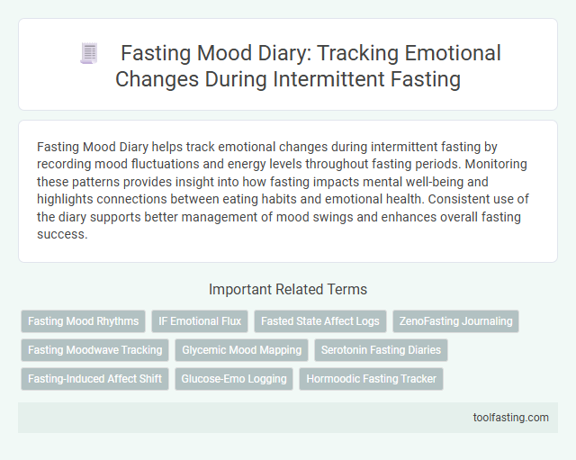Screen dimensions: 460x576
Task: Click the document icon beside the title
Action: coord(88,54)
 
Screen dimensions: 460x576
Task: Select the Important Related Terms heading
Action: coord(287,290)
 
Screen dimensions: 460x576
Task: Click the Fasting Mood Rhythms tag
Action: coord(84,320)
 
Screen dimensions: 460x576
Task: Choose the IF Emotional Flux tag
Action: coord(200,320)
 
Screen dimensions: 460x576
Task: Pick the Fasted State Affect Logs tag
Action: coord(320,320)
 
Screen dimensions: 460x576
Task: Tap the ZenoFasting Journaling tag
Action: coord(455,320)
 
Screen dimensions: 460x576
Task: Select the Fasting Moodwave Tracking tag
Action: coord(95,349)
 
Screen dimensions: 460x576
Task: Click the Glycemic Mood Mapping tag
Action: coord(242,349)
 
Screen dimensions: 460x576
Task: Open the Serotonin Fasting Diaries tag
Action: coord(381,349)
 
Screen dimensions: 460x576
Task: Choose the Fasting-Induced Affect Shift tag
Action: coord(95,378)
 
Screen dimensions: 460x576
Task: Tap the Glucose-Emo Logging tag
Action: coord(233,378)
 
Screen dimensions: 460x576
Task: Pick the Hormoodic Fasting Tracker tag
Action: coord(372,378)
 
